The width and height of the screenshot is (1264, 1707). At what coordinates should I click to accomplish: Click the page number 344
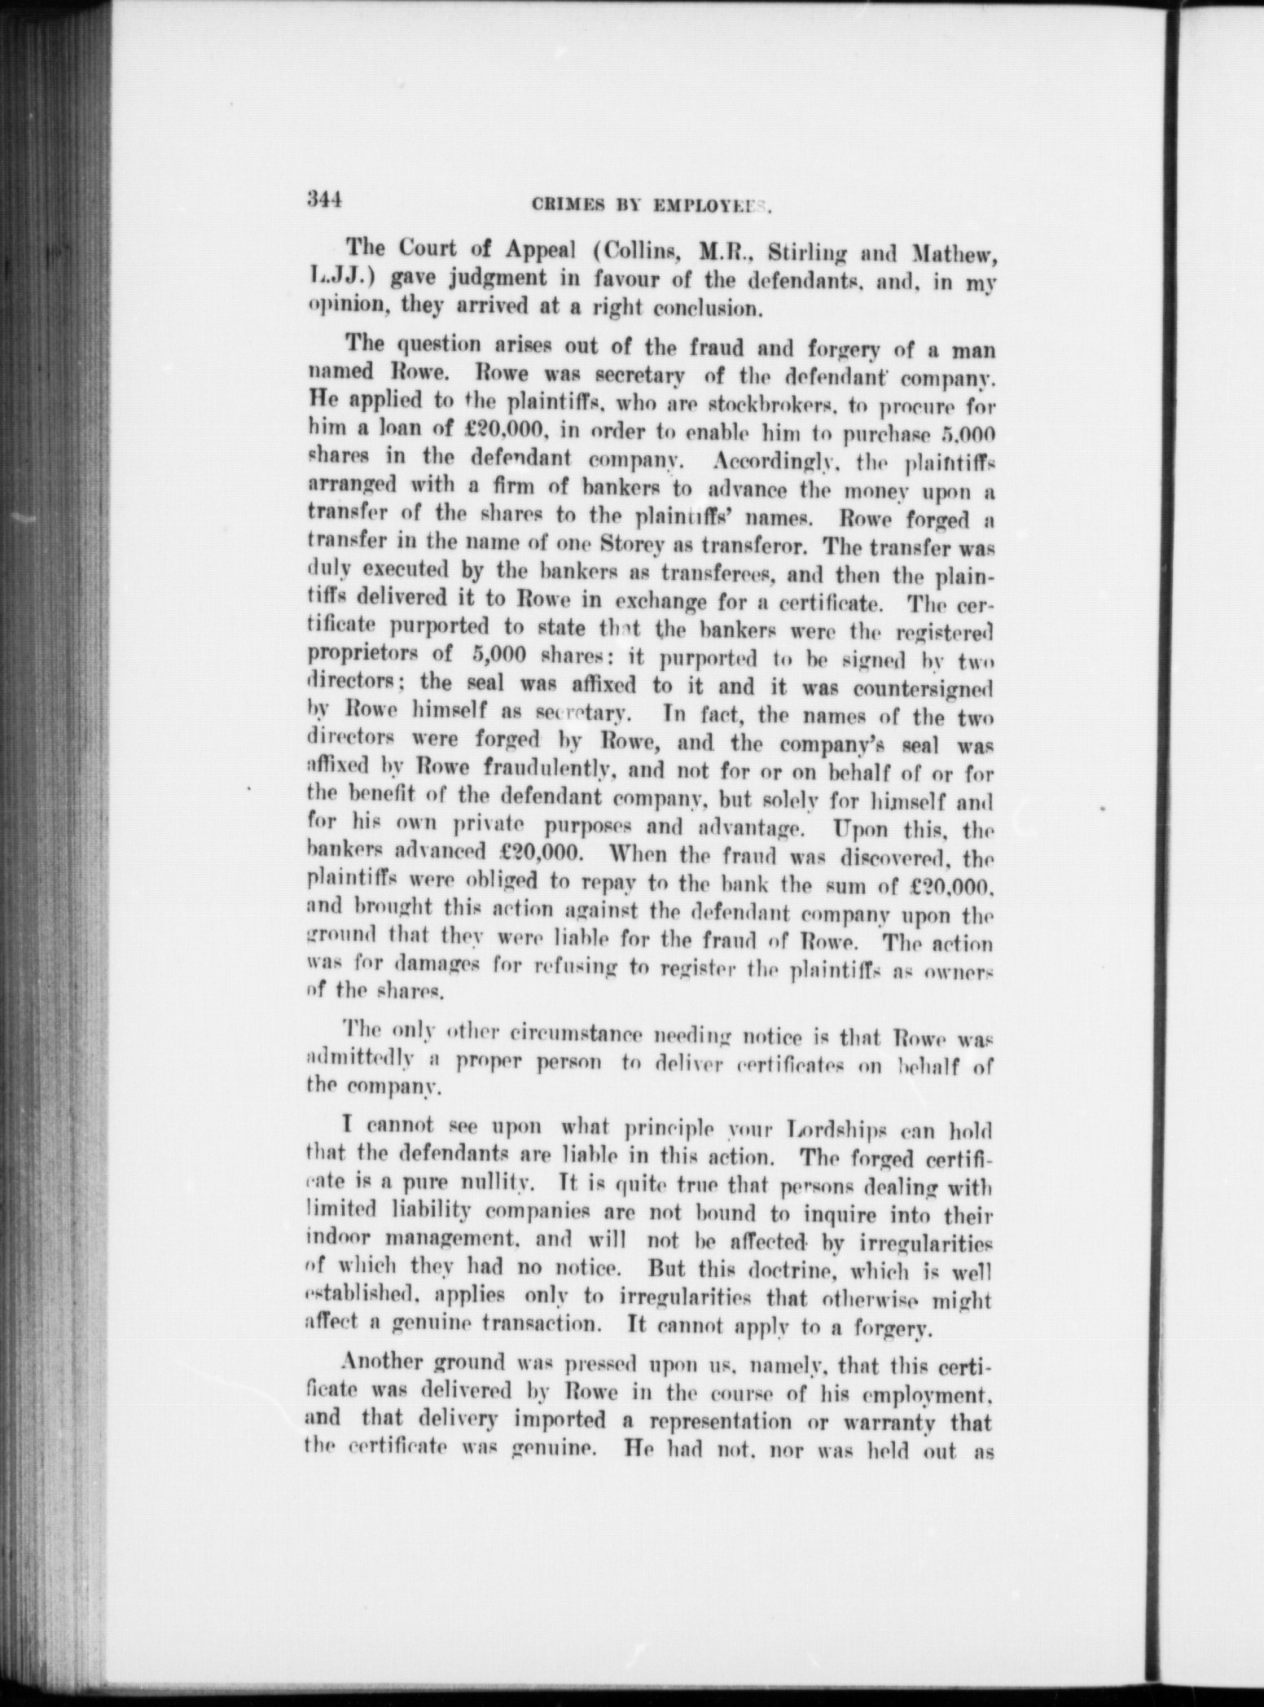(323, 199)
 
